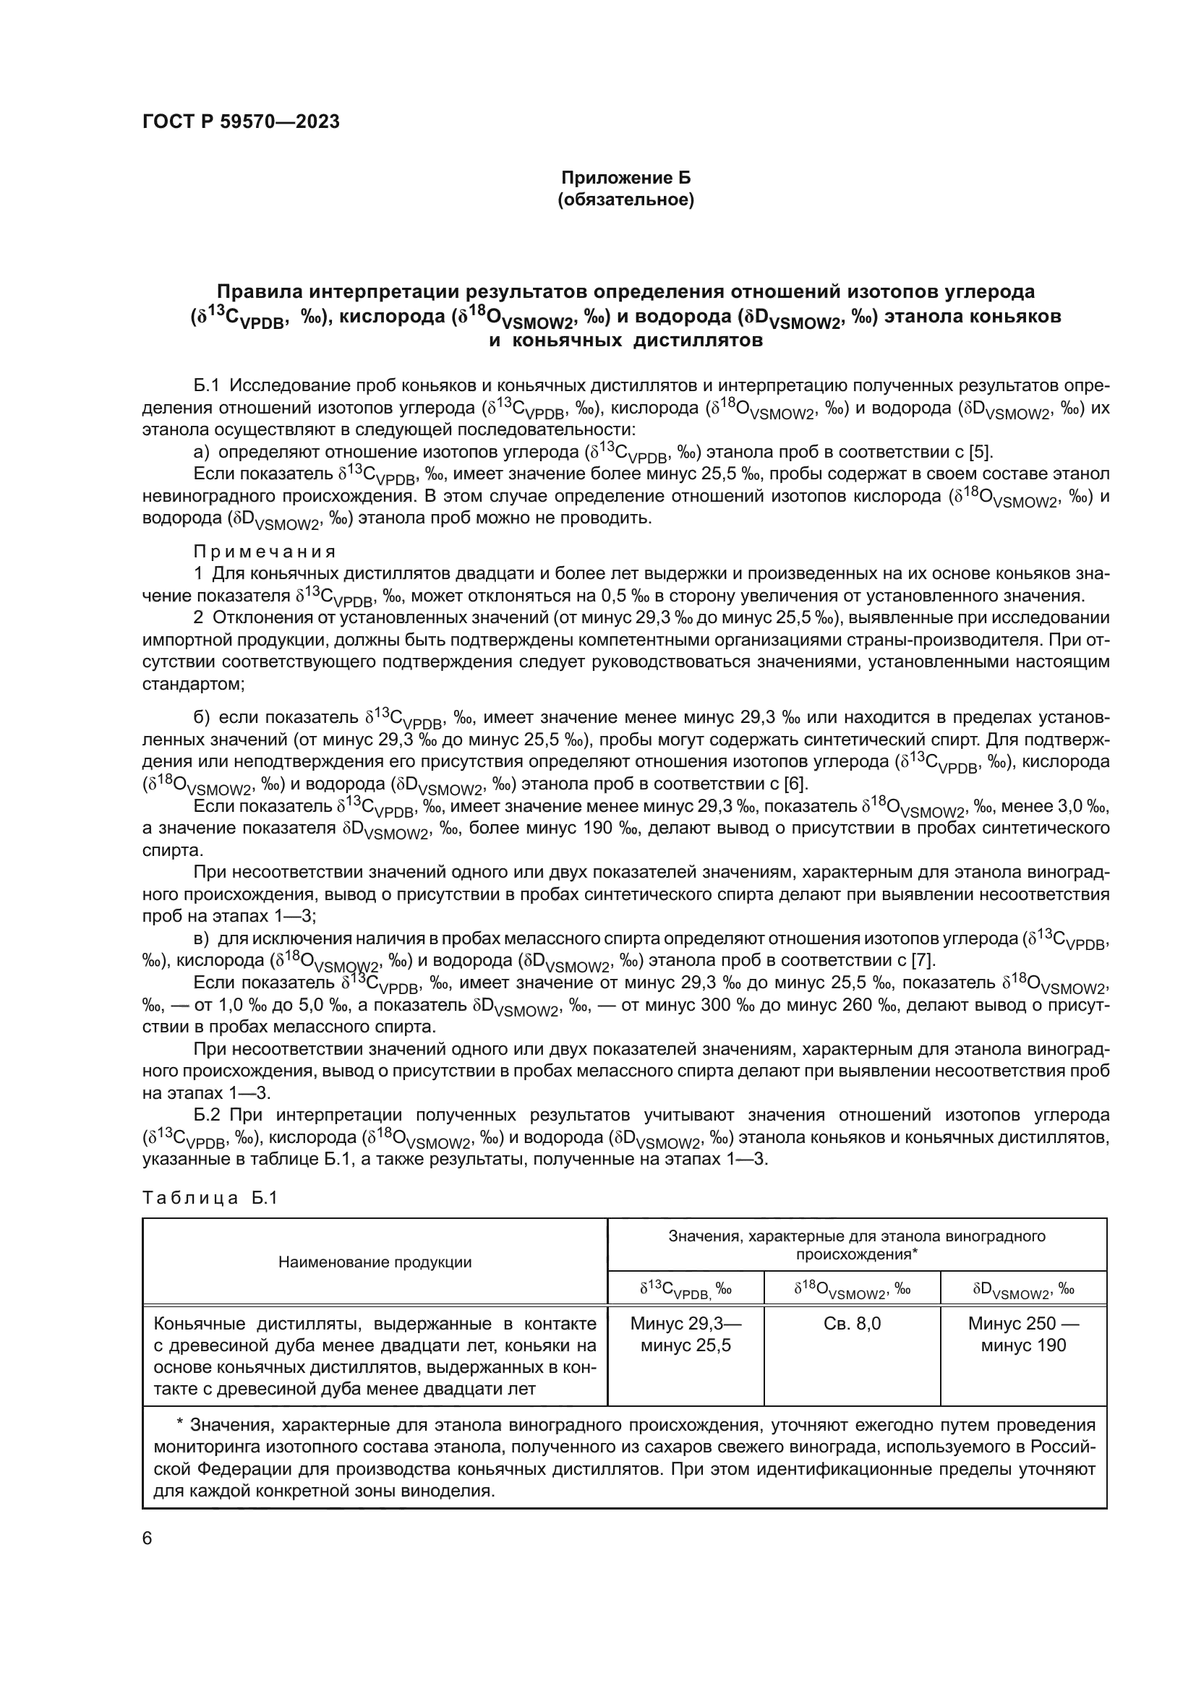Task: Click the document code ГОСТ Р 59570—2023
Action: [241, 122]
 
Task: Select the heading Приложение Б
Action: [626, 178]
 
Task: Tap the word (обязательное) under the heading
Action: [626, 200]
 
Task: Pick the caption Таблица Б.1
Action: [210, 1198]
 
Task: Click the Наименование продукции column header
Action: [375, 1262]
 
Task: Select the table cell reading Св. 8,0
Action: [851, 1324]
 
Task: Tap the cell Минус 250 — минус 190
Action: [1023, 1334]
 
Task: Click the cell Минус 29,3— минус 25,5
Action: [685, 1334]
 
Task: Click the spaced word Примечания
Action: [265, 552]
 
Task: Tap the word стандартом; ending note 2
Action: [194, 683]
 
